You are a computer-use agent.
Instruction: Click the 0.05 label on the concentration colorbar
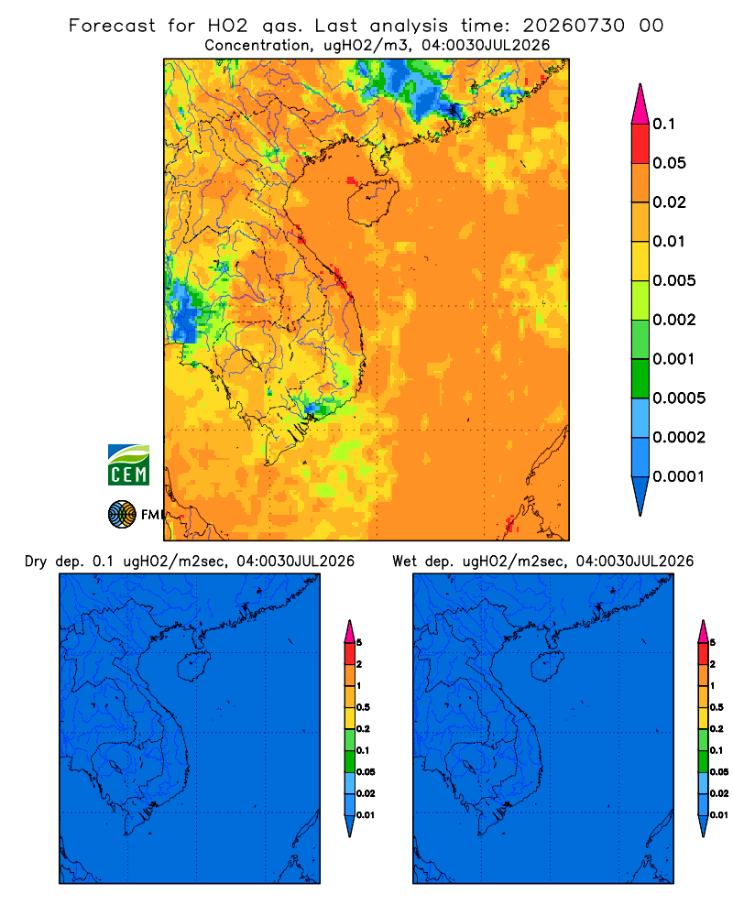[669, 163]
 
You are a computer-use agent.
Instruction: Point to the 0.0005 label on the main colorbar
[679, 398]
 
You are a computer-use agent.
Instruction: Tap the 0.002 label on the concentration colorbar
[674, 320]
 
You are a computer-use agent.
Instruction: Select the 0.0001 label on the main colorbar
[679, 476]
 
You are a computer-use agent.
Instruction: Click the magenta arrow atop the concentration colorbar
[640, 104]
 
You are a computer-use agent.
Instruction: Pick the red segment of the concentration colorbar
[640, 143]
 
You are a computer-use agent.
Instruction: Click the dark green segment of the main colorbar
[640, 378]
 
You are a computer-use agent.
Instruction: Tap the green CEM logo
[128, 465]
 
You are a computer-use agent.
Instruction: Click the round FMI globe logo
[122, 514]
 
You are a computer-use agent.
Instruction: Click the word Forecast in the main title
[112, 26]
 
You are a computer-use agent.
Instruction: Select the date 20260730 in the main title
[574, 26]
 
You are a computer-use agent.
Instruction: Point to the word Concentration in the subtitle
[257, 45]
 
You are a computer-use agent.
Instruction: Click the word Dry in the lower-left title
[36, 562]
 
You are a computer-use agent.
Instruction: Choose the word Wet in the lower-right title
[404, 562]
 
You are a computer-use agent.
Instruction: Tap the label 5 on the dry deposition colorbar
[359, 643]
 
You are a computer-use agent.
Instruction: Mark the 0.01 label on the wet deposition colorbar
[719, 815]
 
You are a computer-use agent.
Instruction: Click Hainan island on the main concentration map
[372, 202]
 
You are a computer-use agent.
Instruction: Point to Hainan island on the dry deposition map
[193, 666]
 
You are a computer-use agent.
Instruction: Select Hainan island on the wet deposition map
[548, 666]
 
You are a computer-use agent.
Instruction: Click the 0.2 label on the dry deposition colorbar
[364, 729]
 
